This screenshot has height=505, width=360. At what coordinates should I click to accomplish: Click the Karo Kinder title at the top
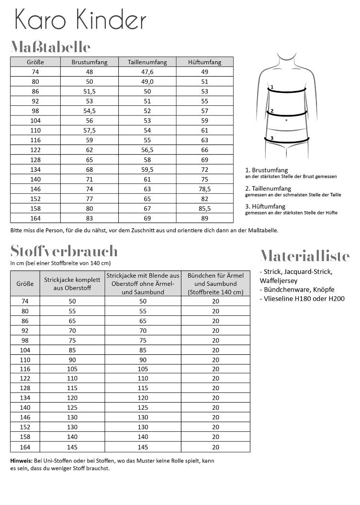click(80, 21)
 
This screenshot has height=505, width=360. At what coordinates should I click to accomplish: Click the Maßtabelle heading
click(50, 47)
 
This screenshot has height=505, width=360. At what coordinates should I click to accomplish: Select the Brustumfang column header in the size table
click(89, 62)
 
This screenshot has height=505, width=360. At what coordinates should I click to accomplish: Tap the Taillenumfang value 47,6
click(147, 71)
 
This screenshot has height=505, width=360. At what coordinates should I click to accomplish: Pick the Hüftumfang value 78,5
click(205, 189)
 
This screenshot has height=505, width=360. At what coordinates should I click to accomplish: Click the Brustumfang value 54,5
click(89, 111)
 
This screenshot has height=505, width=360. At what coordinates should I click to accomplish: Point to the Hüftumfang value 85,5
click(205, 209)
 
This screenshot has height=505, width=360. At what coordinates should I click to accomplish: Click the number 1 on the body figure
click(271, 87)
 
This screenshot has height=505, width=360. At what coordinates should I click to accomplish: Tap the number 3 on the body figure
click(271, 138)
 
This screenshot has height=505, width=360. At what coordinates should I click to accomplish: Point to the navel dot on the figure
click(286, 120)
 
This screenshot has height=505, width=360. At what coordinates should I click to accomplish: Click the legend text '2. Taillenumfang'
click(268, 189)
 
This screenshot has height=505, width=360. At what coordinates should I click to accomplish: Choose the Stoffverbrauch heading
click(64, 251)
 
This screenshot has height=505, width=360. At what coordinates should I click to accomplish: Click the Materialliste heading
click(305, 256)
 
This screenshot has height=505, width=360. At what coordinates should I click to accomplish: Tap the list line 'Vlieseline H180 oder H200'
click(302, 299)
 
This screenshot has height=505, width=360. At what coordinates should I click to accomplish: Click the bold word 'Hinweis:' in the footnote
click(21, 460)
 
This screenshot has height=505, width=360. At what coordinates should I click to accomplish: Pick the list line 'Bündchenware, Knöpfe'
click(297, 290)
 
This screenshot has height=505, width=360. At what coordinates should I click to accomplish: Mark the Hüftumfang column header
click(205, 62)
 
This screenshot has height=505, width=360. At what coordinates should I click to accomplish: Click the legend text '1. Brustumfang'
click(267, 170)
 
